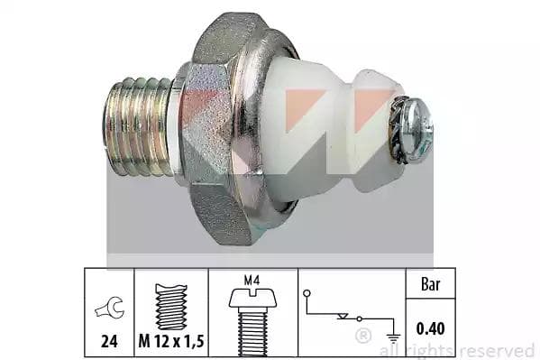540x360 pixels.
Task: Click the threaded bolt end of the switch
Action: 138,126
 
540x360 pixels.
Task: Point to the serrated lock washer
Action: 397,130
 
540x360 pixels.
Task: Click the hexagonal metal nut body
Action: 214,128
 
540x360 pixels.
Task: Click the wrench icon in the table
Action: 109,308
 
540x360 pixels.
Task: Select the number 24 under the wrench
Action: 109,341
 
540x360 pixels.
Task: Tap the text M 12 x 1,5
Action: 171,341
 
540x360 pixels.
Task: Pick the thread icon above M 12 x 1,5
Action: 171,307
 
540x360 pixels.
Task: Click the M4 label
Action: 252,280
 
